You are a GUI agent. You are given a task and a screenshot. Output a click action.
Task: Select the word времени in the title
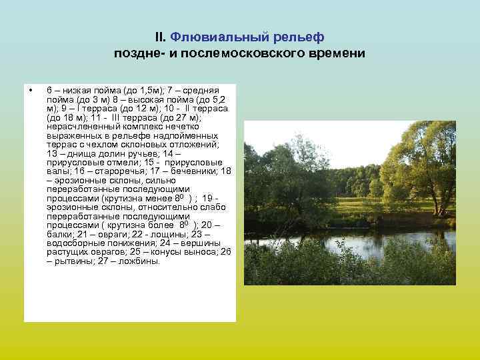(337, 53)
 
